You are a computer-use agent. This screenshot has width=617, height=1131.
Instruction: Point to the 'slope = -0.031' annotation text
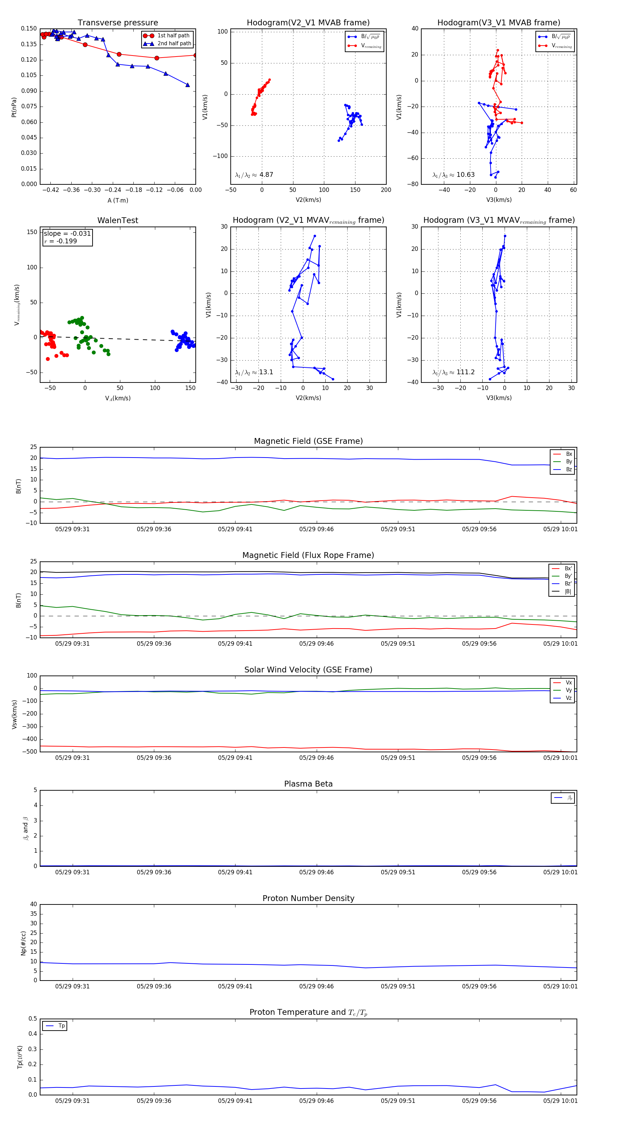click(67, 234)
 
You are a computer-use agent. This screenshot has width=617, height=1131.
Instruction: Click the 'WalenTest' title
click(118, 220)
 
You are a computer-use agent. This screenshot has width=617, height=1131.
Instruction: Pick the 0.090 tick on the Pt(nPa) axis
click(29, 91)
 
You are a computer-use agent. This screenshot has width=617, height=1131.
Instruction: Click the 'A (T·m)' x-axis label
click(118, 200)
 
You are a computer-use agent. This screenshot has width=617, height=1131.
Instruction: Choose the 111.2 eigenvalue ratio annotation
click(465, 372)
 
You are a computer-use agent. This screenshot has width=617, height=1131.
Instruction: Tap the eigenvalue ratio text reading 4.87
click(266, 175)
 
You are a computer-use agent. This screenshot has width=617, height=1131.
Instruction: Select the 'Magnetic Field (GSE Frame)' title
click(308, 441)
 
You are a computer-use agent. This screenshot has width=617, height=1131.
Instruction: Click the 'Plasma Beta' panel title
click(308, 784)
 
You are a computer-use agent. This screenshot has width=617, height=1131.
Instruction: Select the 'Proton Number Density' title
click(308, 898)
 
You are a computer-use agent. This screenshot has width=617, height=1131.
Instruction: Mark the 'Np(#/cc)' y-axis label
click(23, 943)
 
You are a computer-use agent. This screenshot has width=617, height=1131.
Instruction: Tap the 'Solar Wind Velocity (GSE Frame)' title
click(308, 670)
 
